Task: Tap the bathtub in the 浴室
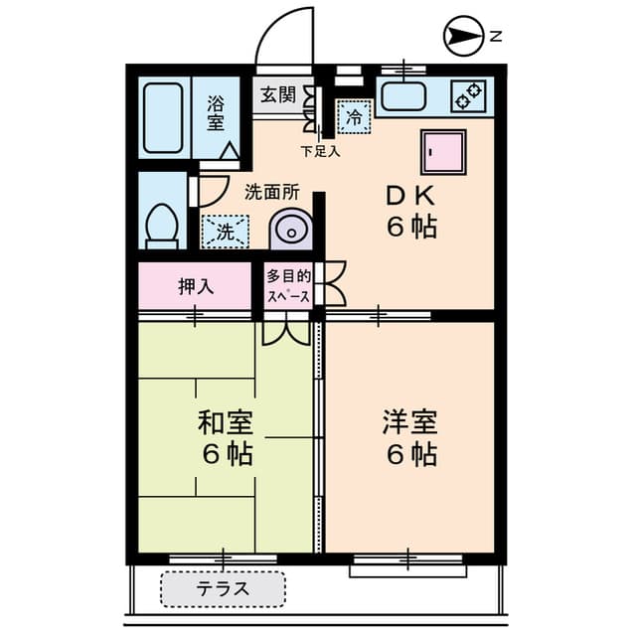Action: tap(163, 117)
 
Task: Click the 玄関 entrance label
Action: tap(278, 95)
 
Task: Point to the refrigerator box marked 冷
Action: tap(354, 116)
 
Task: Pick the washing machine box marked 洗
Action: tap(225, 233)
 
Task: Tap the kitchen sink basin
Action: tap(402, 97)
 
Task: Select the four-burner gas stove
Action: tap(468, 96)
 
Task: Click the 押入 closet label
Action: tap(196, 286)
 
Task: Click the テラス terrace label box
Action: tap(223, 589)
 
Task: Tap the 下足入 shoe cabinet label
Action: tap(321, 152)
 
